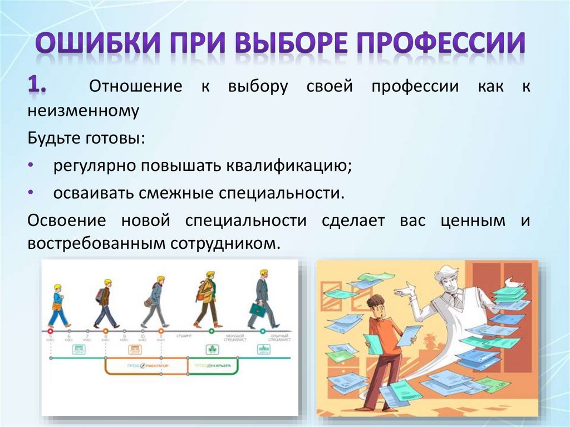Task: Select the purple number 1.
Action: coord(39,86)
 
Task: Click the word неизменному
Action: coord(83,110)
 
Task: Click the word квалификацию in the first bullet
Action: coord(289,166)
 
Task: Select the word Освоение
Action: coord(66,220)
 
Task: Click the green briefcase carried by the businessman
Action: coord(257,310)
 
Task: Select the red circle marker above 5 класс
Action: coord(51,331)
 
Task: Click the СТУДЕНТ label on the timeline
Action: coord(184,337)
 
